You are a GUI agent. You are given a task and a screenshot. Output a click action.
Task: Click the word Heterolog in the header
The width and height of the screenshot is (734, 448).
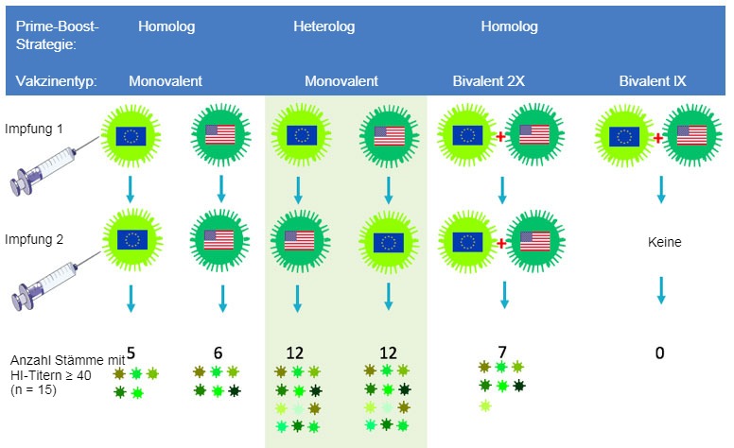tap(324, 26)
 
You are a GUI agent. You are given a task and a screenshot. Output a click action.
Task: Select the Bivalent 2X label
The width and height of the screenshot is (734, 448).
tap(489, 81)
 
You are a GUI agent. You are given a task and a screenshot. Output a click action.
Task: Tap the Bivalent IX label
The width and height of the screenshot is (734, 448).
tap(653, 81)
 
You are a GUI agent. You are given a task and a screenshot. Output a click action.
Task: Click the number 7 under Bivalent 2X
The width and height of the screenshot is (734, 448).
tap(501, 353)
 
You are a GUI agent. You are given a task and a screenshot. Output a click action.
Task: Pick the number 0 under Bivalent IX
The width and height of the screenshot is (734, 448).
tap(660, 353)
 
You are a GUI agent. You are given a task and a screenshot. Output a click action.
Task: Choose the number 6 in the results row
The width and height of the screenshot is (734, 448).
tap(218, 353)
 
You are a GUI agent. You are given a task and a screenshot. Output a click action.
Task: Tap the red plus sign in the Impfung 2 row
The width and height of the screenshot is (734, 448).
tap(500, 243)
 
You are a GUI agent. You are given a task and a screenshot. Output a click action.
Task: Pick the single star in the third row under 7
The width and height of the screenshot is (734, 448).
tap(485, 405)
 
